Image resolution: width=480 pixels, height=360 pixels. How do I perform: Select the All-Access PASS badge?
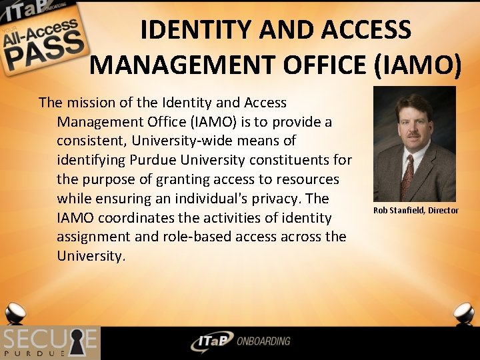click(x=43, y=40)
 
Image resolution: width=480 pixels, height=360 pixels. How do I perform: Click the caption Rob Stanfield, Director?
click(x=416, y=211)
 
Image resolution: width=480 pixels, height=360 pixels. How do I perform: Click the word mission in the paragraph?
click(x=88, y=103)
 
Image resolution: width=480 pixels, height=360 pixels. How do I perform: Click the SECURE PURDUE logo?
click(x=50, y=343)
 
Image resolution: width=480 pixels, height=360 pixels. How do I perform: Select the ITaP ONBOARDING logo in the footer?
click(x=240, y=341)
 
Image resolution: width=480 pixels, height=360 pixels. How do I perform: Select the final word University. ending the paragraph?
click(x=91, y=256)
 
